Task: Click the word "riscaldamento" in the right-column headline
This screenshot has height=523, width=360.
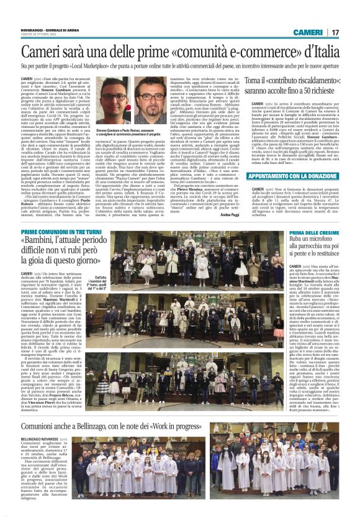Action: tap(305, 81)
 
